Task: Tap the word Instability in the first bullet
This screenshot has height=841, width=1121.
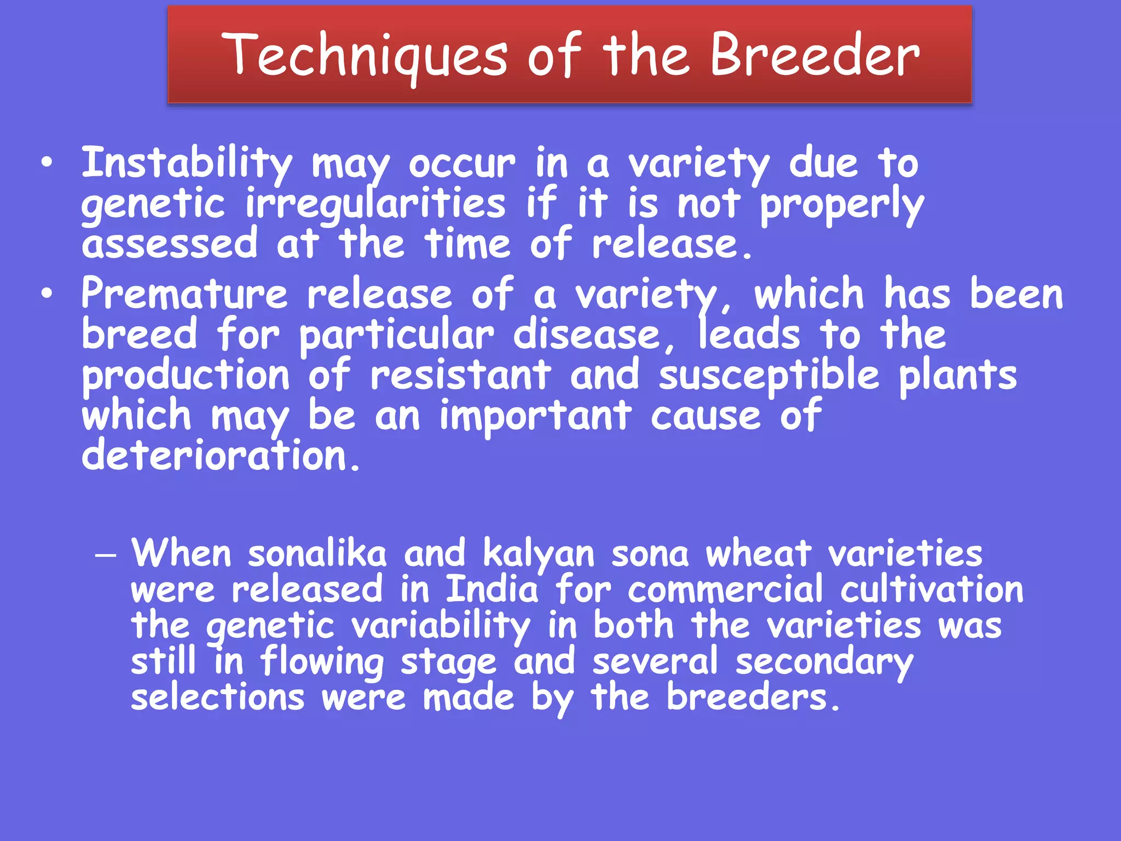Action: (187, 163)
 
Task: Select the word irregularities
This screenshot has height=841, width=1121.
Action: (375, 204)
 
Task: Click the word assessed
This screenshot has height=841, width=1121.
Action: (170, 244)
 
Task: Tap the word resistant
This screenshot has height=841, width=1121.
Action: (460, 376)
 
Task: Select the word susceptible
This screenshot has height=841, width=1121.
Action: (768, 377)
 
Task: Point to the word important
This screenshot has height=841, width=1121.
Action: (535, 416)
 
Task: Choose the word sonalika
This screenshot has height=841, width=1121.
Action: (317, 554)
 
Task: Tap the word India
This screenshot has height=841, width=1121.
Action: (492, 590)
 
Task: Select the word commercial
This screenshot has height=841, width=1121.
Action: (725, 590)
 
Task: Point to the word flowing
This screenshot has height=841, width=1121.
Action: (322, 662)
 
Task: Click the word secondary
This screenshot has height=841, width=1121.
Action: (824, 663)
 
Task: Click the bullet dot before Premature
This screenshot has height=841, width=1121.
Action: (47, 294)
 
